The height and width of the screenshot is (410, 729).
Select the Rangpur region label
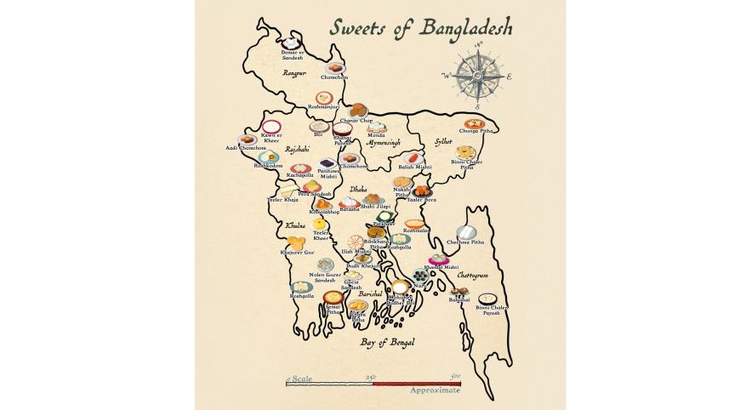click(x=294, y=74)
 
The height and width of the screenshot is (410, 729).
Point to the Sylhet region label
click(x=442, y=142)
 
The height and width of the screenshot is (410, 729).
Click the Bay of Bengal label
click(x=386, y=341)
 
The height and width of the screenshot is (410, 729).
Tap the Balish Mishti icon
click(x=414, y=158)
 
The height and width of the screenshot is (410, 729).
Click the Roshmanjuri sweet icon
click(x=323, y=99)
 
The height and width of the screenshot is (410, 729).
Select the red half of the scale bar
click(x=417, y=384)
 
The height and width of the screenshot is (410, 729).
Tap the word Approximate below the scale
click(x=435, y=390)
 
